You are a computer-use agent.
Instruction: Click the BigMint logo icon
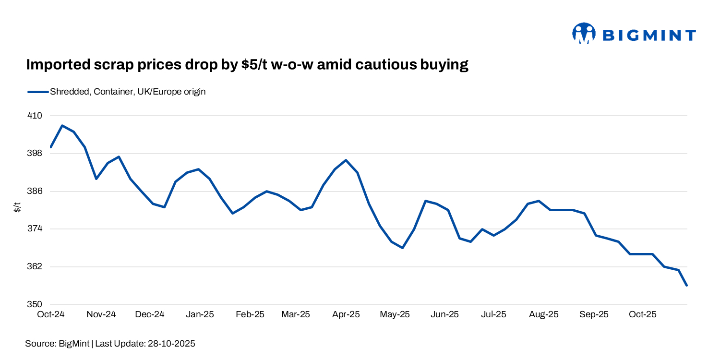click(x=584, y=34)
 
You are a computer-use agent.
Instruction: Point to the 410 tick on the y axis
click(x=36, y=116)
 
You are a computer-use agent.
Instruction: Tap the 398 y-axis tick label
click(x=36, y=154)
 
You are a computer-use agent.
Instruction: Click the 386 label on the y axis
click(x=36, y=192)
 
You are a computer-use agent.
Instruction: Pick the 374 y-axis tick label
click(x=36, y=229)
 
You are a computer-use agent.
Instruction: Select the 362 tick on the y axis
click(x=36, y=267)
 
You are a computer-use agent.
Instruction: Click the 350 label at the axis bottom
click(x=36, y=304)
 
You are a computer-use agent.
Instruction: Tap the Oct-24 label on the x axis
click(x=51, y=315)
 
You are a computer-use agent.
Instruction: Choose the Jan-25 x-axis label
click(x=200, y=315)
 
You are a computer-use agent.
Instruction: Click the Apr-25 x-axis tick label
click(x=346, y=315)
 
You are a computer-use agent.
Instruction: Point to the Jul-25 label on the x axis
click(x=493, y=315)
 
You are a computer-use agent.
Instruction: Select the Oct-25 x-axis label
click(x=642, y=315)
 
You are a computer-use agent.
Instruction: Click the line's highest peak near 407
click(x=62, y=126)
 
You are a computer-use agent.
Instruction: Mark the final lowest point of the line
click(x=687, y=286)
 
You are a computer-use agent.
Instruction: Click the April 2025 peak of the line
click(x=346, y=160)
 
